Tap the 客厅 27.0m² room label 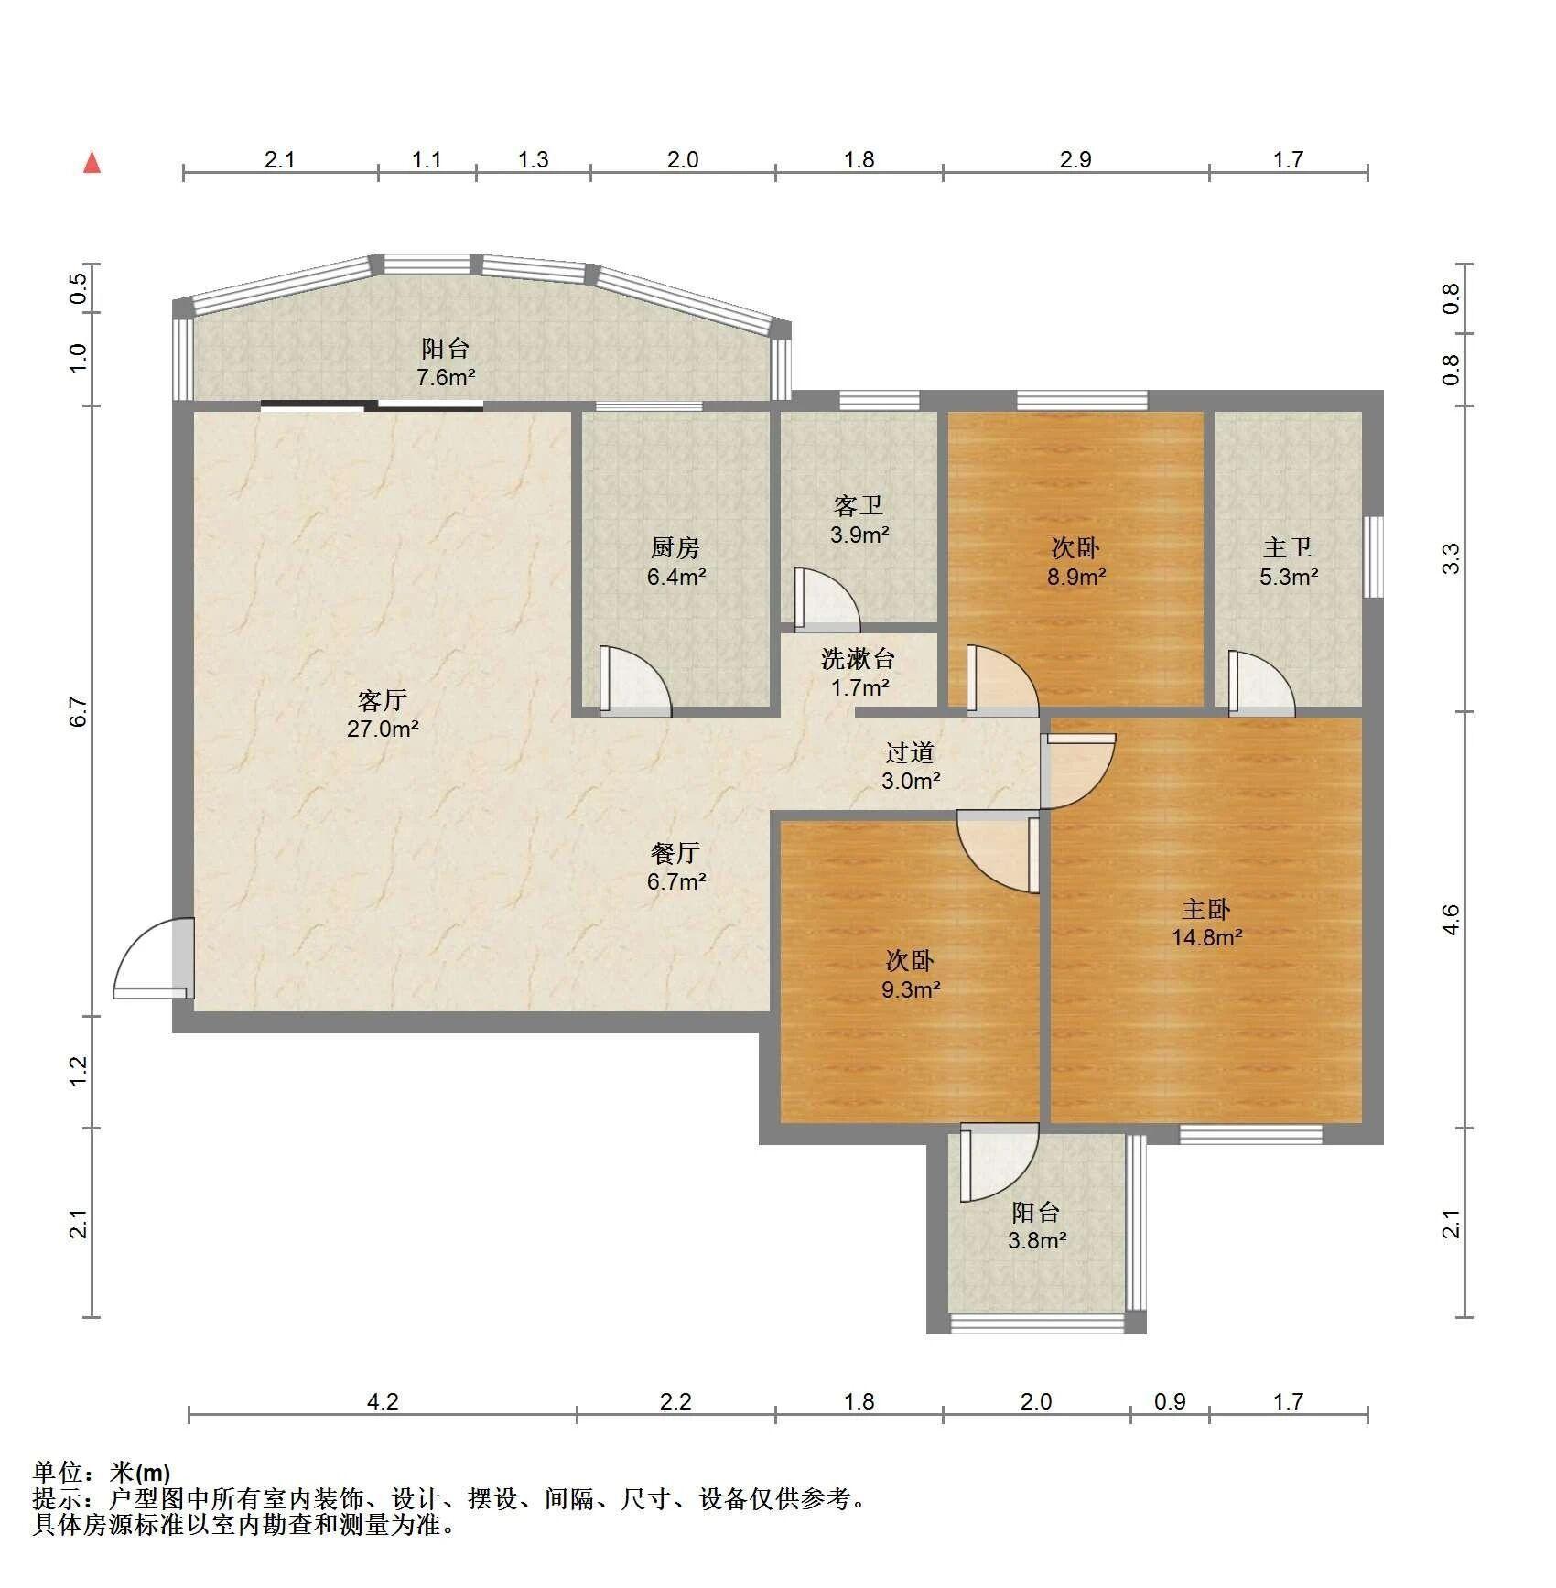click(x=383, y=715)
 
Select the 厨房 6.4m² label click(x=675, y=562)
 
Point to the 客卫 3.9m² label click(x=859, y=520)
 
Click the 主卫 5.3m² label click(x=1288, y=562)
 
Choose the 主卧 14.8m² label click(x=1206, y=923)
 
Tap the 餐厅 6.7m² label click(x=675, y=867)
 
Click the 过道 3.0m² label click(x=910, y=767)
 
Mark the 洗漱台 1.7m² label click(x=858, y=672)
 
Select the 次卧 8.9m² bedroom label click(x=1075, y=562)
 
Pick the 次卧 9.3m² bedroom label click(x=910, y=974)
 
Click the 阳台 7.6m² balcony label click(x=446, y=362)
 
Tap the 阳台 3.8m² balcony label click(x=1036, y=1226)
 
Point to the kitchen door click(x=635, y=680)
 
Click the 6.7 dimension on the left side click(x=80, y=711)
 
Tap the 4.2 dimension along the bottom click(x=383, y=1401)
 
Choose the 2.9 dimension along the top click(x=1075, y=160)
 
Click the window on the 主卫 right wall click(x=1373, y=557)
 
